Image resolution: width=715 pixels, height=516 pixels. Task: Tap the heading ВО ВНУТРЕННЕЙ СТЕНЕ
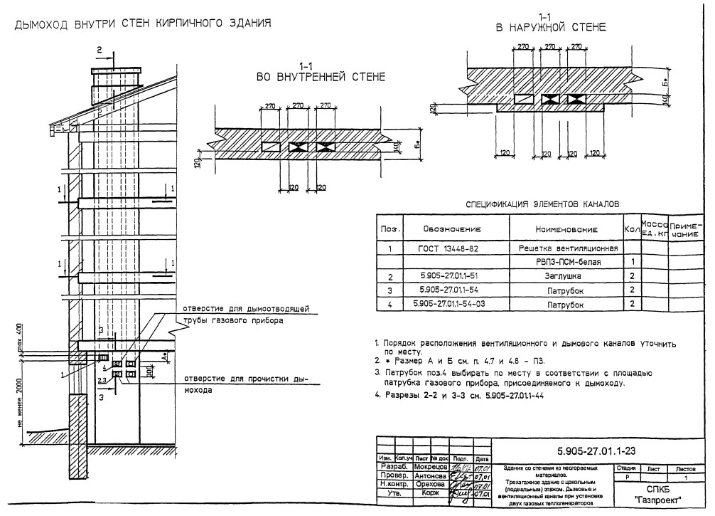tap(321, 76)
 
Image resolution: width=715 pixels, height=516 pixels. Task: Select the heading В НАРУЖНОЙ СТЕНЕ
tap(551, 28)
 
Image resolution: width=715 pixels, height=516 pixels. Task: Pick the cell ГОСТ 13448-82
tap(453, 249)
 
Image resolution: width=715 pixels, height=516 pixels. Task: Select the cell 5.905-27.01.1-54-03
tap(453, 305)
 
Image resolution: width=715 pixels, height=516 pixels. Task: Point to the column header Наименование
tap(566, 229)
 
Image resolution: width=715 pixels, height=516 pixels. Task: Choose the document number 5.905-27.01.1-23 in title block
tap(601, 452)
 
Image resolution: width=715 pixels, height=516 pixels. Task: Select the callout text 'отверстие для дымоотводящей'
tap(245, 309)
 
